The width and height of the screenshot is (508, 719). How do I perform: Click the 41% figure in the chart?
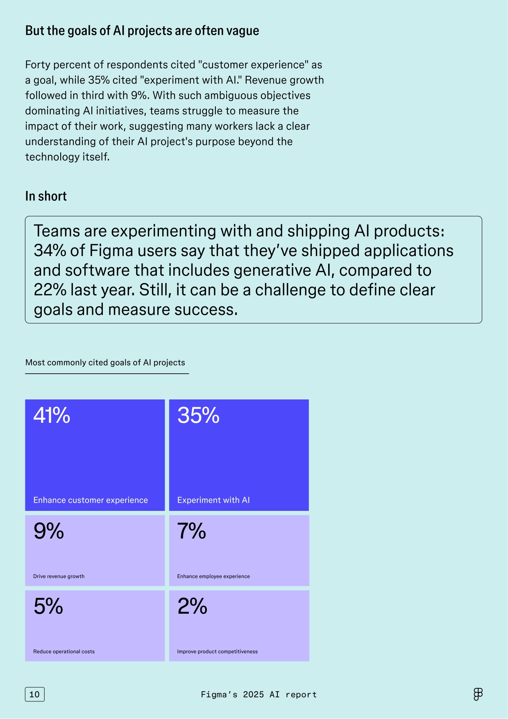point(52,415)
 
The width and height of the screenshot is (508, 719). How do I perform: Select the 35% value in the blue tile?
point(198,415)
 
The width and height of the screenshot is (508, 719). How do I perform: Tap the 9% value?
point(49,531)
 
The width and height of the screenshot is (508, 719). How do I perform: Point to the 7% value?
point(192,531)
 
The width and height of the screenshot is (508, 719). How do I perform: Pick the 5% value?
point(48,606)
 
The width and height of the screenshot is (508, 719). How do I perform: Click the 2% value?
point(193,606)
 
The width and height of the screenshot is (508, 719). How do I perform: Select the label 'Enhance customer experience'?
point(91,500)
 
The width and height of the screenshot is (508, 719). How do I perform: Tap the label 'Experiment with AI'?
point(213,500)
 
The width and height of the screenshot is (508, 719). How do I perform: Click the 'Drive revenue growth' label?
point(59,576)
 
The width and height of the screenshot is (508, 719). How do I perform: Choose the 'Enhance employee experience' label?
point(213,576)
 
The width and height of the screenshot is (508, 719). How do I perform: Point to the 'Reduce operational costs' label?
point(64,652)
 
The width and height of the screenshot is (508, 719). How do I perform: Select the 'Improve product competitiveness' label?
point(218,652)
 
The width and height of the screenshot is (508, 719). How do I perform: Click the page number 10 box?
point(35,694)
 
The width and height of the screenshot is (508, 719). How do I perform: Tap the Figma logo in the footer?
point(478,694)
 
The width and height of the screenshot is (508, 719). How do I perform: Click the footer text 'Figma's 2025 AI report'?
point(259,694)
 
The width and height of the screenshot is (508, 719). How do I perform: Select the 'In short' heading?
point(46,196)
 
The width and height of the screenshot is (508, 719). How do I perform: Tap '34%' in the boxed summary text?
point(50,251)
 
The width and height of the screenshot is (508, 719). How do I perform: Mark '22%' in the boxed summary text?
point(50,290)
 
